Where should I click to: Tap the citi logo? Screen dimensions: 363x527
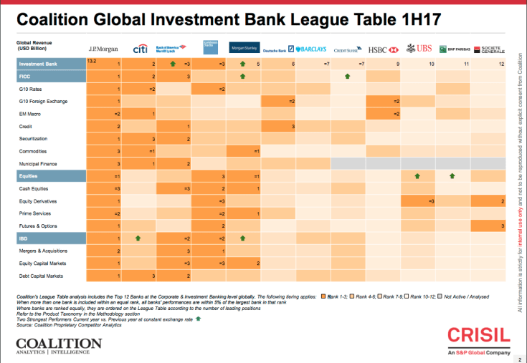[141, 49]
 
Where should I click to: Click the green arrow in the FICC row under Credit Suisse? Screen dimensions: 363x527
[347, 75]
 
